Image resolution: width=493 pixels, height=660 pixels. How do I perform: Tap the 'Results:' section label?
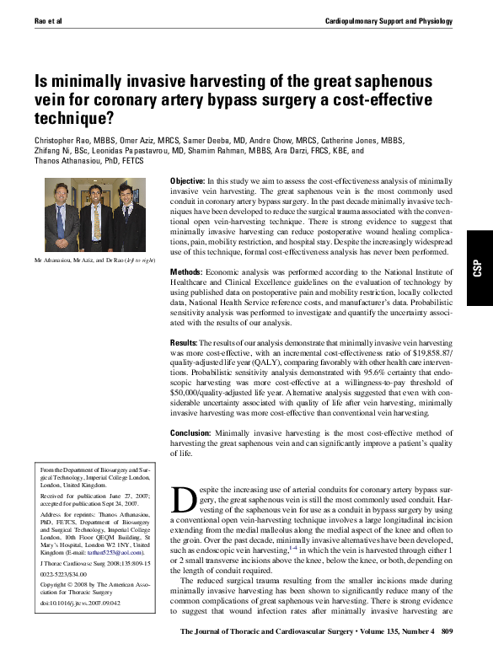point(184,344)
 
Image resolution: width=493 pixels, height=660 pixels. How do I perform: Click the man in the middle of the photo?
point(97,215)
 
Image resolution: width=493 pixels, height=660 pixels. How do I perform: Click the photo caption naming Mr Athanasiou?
point(94,261)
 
